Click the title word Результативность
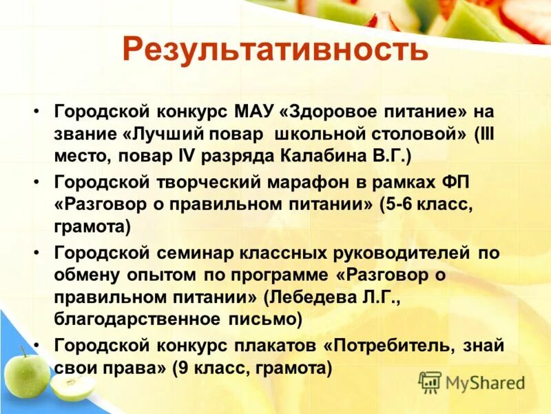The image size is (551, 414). [x=275, y=50]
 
